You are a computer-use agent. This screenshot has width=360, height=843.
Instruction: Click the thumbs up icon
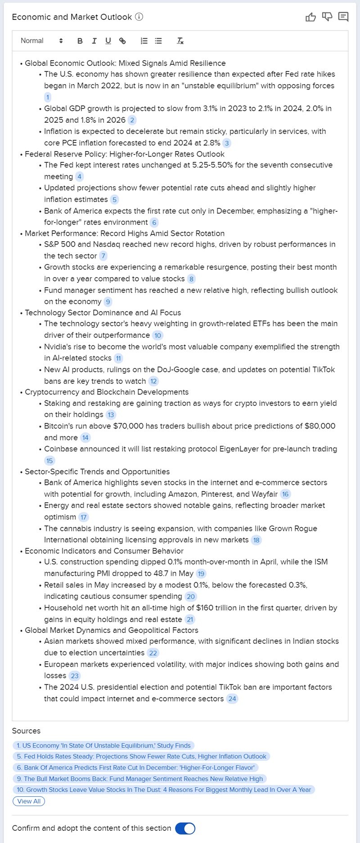[x=310, y=17]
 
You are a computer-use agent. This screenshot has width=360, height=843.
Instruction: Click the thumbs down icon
[x=327, y=17]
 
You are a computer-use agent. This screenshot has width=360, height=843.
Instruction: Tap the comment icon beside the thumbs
[x=343, y=17]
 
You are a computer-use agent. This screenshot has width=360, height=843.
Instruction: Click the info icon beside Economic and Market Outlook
[x=139, y=17]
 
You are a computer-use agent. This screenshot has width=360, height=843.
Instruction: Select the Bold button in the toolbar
[x=80, y=41]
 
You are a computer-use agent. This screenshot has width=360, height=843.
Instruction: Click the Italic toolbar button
[x=94, y=41]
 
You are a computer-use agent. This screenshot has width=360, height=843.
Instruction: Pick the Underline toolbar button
[x=108, y=41]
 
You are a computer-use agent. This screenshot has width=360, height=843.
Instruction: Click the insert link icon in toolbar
[x=122, y=41]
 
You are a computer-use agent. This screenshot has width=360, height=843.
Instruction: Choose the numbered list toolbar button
[x=144, y=41]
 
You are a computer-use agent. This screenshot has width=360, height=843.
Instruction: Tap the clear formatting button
[x=180, y=41]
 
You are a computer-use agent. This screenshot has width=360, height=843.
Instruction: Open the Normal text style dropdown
[x=41, y=41]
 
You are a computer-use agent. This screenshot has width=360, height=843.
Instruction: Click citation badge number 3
[x=227, y=143]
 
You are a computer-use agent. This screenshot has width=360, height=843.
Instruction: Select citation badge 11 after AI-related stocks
[x=118, y=359]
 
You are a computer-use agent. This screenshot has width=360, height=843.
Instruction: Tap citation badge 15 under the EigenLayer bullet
[x=49, y=461]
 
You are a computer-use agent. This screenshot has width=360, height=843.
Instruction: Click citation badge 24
[x=232, y=699]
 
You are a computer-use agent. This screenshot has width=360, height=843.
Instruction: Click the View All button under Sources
[x=29, y=801]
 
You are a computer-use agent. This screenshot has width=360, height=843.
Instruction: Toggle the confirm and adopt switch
[x=185, y=829]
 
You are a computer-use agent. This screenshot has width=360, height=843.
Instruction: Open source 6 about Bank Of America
[x=135, y=768]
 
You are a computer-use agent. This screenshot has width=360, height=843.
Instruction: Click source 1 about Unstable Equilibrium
[x=103, y=745]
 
